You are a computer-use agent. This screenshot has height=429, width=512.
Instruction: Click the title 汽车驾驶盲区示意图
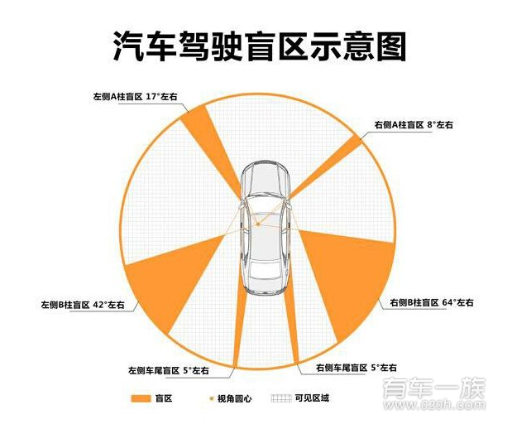pos(259,47)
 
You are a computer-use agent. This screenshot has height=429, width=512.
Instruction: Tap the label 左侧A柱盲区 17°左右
pos(136,97)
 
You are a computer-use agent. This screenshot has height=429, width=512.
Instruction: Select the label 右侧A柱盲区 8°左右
pos(414,124)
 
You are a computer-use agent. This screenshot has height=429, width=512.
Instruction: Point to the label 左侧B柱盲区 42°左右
pos(83,305)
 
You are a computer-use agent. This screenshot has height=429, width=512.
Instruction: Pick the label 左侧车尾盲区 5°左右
pos(168,369)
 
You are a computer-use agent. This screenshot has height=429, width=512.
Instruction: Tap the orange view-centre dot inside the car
pos(258,224)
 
